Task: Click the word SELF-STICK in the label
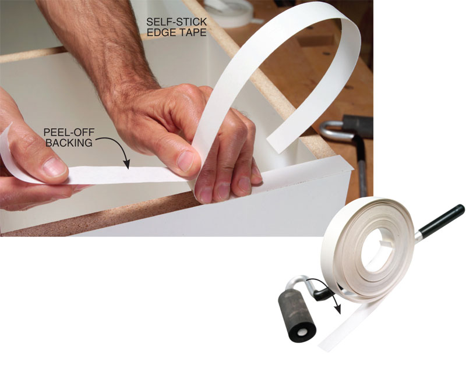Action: pos(176,22)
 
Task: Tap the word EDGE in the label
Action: pos(161,33)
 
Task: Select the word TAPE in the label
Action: pos(192,33)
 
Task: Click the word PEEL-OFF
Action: pos(69,132)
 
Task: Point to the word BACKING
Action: pos(69,143)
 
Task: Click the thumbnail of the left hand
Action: pos(54,167)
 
